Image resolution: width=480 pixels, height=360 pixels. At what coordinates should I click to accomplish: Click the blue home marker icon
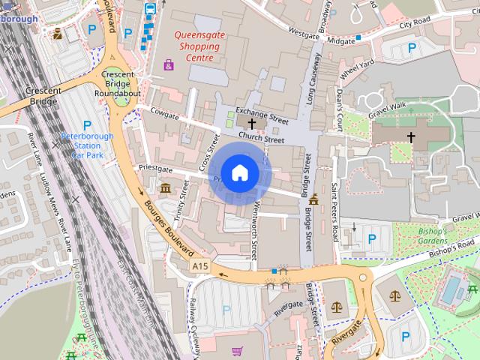[239, 173]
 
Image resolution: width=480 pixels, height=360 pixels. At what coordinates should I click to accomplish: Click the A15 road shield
[199, 266]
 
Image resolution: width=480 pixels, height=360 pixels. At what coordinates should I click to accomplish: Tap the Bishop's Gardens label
[432, 236]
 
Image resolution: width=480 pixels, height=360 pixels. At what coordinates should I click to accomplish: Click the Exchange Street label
[262, 115]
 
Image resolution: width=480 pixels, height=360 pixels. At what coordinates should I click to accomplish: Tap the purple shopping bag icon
[169, 65]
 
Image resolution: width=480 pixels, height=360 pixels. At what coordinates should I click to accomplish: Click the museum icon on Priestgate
[165, 187]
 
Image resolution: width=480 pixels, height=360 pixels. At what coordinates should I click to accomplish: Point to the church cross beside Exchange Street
[252, 122]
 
